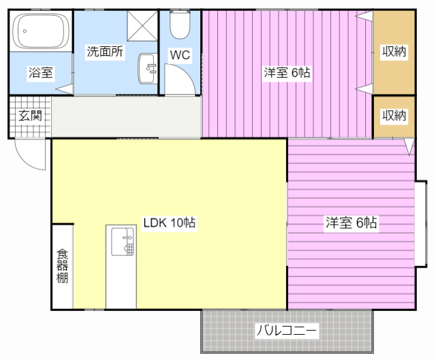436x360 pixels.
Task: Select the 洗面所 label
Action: tap(105, 50)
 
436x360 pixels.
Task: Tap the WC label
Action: tap(181, 55)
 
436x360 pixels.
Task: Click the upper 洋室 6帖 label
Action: tap(287, 72)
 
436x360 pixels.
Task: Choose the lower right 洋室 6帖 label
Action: tap(352, 222)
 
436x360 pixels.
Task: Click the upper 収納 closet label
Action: tap(394, 51)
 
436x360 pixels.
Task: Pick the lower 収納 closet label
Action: tap(394, 116)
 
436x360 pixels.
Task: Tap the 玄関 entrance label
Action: tap(30, 116)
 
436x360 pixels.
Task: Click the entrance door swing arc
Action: tap(29, 155)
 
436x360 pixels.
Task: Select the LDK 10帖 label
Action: tap(170, 222)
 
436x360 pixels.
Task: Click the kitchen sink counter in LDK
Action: tap(122, 266)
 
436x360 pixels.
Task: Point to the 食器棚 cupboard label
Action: tap(62, 265)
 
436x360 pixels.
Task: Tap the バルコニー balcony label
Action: tap(287, 331)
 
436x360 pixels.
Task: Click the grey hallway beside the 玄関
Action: tap(125, 117)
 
